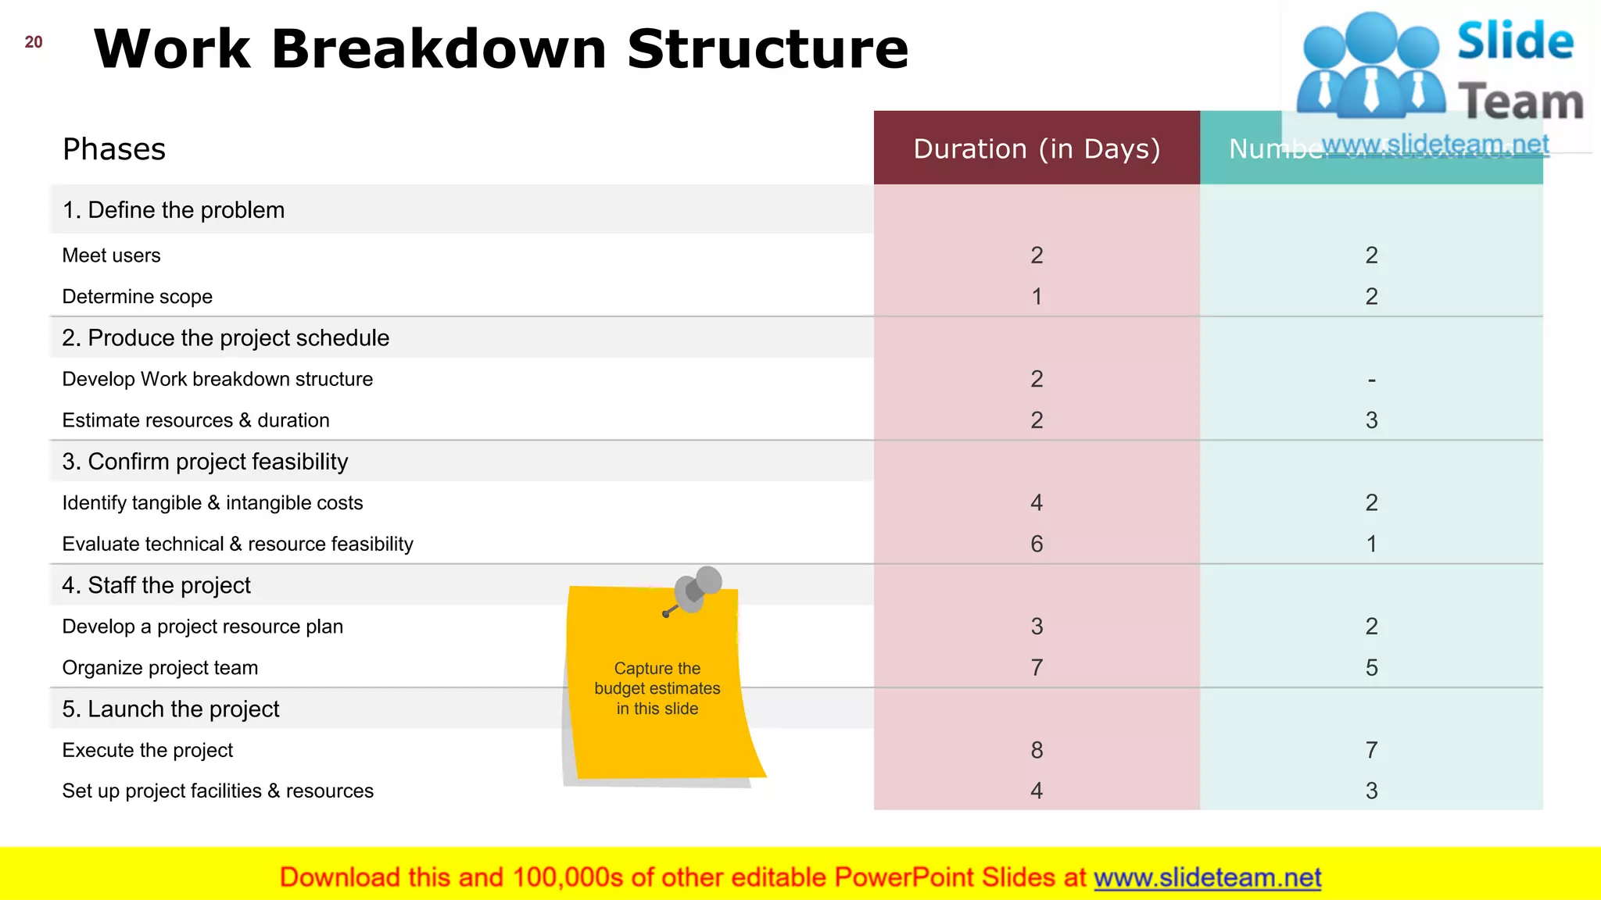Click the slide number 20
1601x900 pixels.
point(34,42)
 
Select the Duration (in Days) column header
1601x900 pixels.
point(1037,148)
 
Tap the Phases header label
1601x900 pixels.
point(114,149)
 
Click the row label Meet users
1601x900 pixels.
point(111,255)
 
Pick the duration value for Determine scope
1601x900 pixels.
point(1037,297)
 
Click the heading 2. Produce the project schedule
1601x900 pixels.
point(225,337)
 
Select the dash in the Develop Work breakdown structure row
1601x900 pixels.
point(1371,380)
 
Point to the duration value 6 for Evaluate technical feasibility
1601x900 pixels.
point(1037,544)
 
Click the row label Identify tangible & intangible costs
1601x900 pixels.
point(212,502)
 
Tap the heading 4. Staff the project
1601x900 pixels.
point(156,585)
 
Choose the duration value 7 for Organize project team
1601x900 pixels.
point(1037,668)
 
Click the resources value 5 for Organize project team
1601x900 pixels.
point(1371,668)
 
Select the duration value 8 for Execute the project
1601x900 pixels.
point(1037,750)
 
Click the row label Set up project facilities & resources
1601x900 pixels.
point(217,791)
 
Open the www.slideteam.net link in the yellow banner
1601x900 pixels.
point(1207,877)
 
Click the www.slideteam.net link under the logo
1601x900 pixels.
point(1435,145)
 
